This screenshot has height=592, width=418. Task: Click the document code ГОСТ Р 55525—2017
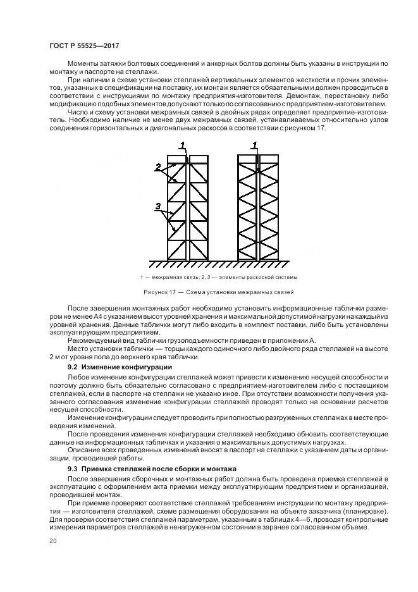pos(83,46)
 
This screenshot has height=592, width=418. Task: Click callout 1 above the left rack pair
pos(181,145)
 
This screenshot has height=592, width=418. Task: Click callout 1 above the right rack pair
pos(255,145)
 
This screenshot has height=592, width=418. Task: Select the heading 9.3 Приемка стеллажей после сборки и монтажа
pos(152,469)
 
